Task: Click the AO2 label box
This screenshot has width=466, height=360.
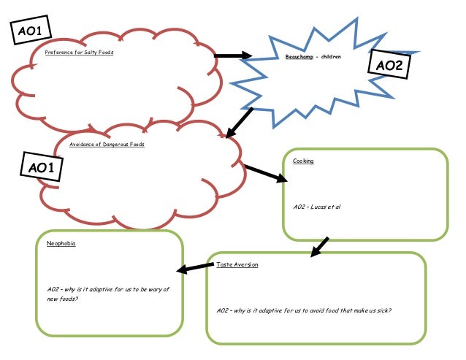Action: click(x=389, y=66)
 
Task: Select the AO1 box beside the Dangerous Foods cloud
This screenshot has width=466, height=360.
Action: click(x=42, y=168)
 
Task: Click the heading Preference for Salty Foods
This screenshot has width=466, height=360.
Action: click(x=79, y=53)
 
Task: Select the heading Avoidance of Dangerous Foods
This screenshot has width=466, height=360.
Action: click(x=107, y=145)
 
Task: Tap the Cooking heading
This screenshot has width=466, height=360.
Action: click(x=303, y=161)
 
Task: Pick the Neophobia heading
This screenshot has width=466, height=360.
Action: click(x=61, y=243)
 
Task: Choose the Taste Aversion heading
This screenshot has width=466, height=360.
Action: click(x=237, y=264)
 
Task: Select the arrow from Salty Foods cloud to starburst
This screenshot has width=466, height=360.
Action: click(x=232, y=55)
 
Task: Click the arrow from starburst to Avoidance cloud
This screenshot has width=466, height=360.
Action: click(x=239, y=123)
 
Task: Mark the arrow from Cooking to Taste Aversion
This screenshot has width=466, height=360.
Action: click(x=319, y=247)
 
